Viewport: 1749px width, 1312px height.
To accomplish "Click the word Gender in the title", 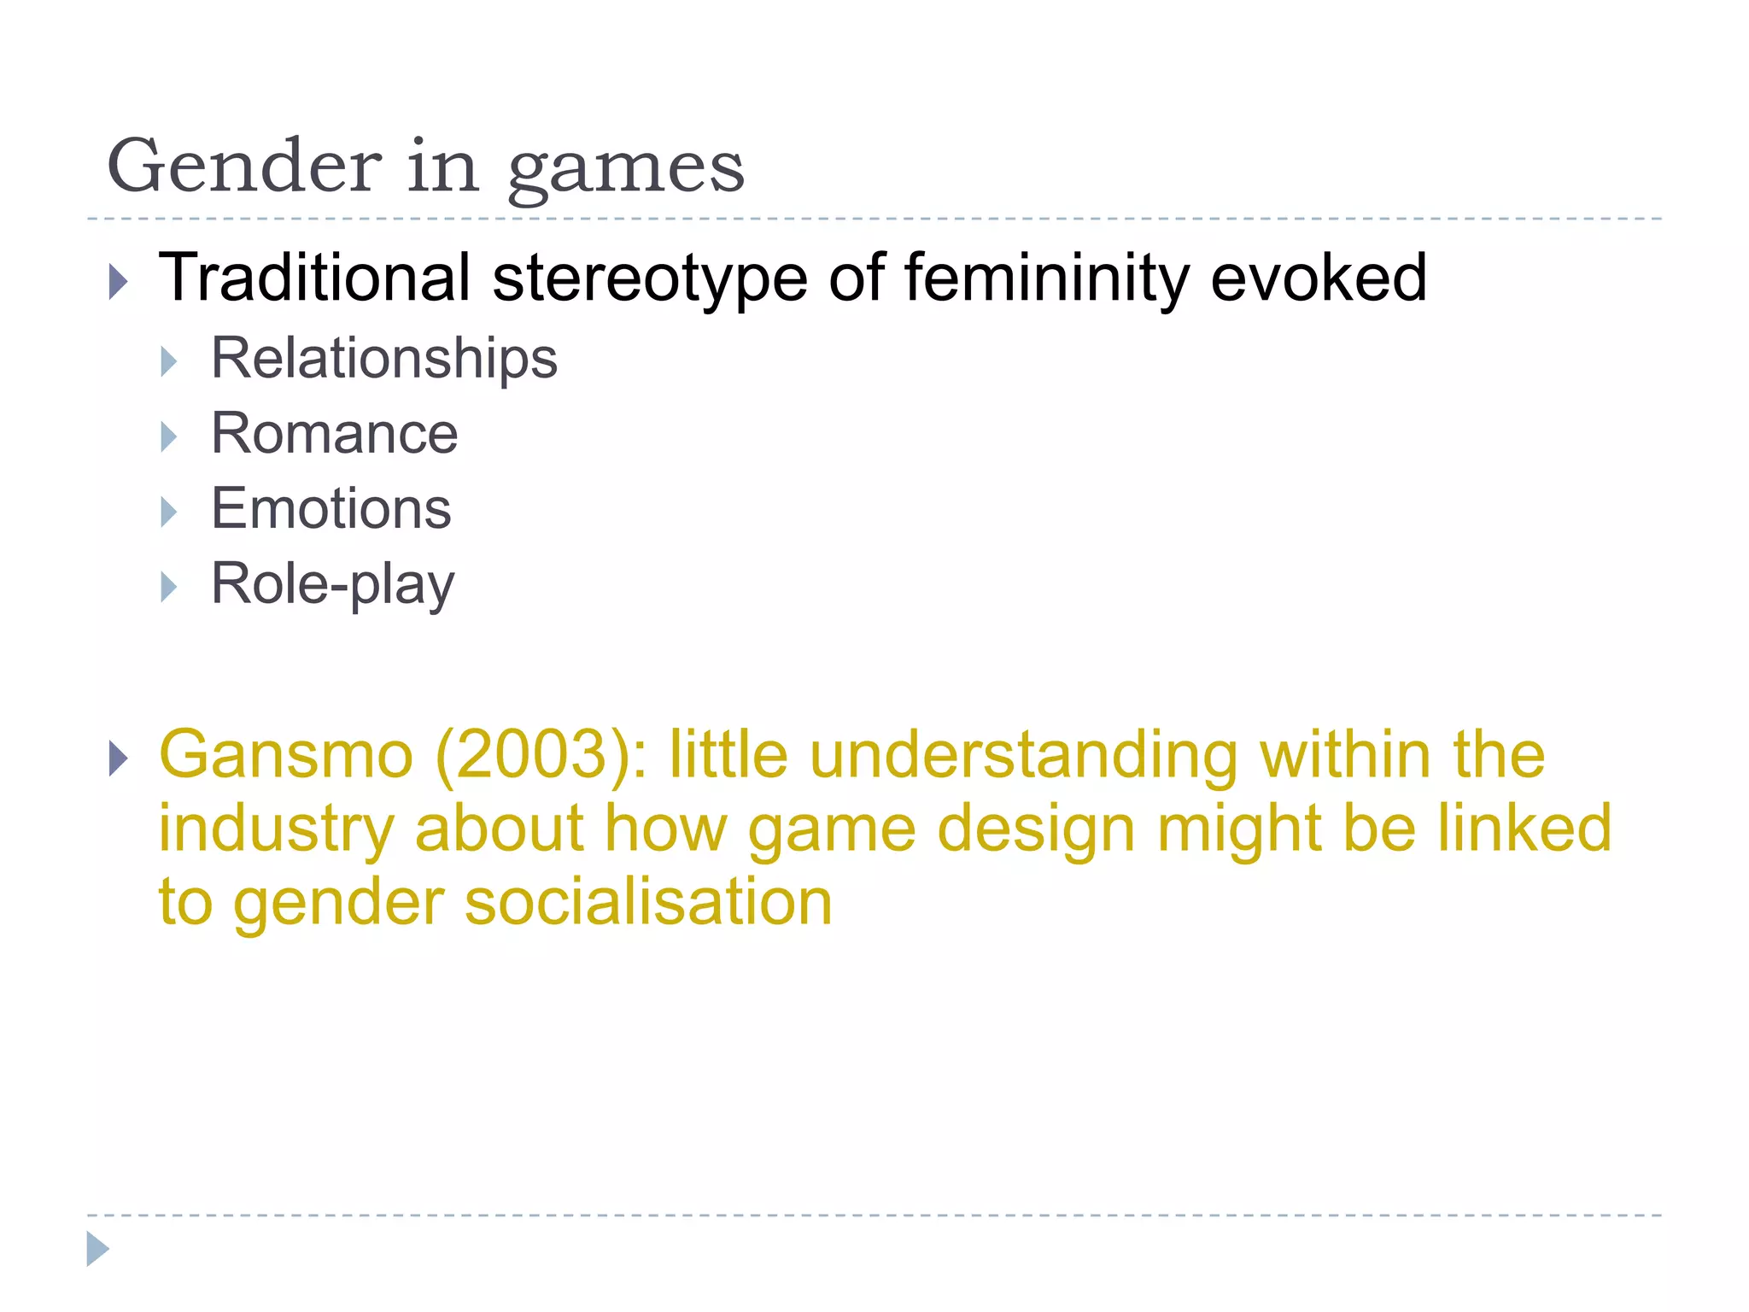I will (x=244, y=166).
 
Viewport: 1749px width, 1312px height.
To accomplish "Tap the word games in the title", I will (x=626, y=169).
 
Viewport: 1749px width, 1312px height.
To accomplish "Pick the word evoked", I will (x=1319, y=278).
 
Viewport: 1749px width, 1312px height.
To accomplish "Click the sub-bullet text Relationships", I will (x=383, y=359).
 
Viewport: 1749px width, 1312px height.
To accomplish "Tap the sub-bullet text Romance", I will (x=334, y=433).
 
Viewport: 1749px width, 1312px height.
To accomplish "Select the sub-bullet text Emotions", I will (x=330, y=508).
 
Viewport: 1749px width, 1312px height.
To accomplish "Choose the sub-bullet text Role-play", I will (x=332, y=585).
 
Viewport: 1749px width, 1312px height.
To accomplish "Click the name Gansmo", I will (x=286, y=755).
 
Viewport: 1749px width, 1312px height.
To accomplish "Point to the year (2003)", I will (x=541, y=755).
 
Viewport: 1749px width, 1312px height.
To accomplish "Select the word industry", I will (x=276, y=829).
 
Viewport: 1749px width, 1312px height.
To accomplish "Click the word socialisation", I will (x=647, y=903).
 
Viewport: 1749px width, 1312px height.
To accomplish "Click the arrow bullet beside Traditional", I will (x=119, y=282).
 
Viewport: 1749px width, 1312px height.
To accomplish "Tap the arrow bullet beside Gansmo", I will (x=119, y=758).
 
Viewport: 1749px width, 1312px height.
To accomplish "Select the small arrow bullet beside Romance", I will (x=169, y=437).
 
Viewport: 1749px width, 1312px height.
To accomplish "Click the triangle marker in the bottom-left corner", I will (x=97, y=1249).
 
